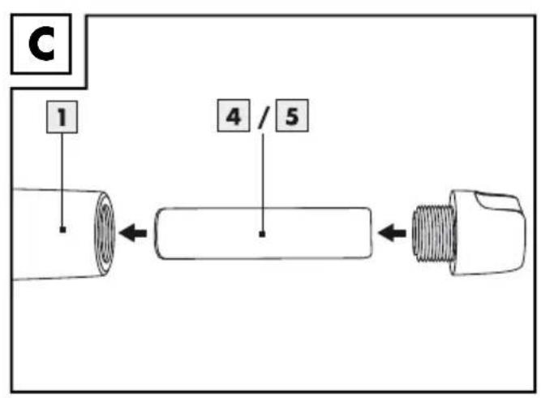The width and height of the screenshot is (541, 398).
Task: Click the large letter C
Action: pos(41,44)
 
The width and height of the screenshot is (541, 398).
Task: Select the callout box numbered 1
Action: pos(62,117)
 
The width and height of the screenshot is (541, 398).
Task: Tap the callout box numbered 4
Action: pos(234,115)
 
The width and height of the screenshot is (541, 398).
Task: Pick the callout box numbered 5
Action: pos(292,115)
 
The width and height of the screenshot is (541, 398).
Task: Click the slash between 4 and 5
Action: pos(263,117)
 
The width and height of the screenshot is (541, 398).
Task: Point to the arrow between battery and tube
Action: pos(133,233)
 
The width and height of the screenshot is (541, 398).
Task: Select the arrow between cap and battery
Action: pos(392,233)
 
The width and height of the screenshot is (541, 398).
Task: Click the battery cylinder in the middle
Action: pos(264,233)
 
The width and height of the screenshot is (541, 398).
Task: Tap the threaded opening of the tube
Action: pos(105,233)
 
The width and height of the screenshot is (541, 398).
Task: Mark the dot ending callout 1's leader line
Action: pos(62,229)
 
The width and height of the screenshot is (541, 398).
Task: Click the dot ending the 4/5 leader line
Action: pos(262,234)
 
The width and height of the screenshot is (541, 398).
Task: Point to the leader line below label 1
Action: pos(62,180)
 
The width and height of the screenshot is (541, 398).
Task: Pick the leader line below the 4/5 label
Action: pos(263,183)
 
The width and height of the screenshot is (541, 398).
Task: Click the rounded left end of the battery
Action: pos(158,233)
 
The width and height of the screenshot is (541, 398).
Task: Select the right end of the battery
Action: pos(370,233)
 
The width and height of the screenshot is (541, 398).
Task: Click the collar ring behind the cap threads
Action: pos(453,232)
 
